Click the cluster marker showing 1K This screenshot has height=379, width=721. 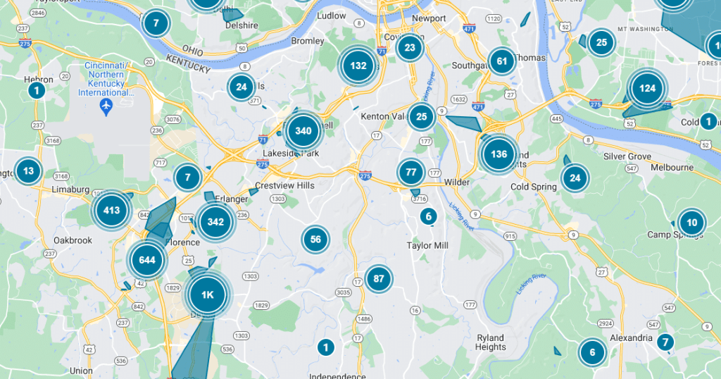(207, 295)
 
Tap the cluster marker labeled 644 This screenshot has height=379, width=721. (147, 260)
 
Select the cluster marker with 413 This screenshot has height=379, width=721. (111, 210)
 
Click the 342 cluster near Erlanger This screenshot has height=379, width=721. (215, 222)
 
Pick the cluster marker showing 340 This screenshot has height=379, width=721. (303, 130)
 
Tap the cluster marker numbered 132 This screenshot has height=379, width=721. (358, 66)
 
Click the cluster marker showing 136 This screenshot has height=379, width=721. (499, 154)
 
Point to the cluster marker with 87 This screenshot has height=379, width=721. (379, 278)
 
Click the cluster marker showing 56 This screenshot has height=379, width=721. (315, 239)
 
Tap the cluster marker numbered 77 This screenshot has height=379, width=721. (411, 171)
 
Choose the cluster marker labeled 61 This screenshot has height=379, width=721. (502, 61)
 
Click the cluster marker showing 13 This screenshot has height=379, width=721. (28, 170)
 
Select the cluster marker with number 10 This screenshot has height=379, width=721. (691, 223)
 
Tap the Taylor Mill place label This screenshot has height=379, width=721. (427, 245)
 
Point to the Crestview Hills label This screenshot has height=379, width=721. (284, 185)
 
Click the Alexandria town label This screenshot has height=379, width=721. (631, 338)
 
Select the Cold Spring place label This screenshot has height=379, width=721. (534, 187)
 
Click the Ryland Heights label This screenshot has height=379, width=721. (491, 342)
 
